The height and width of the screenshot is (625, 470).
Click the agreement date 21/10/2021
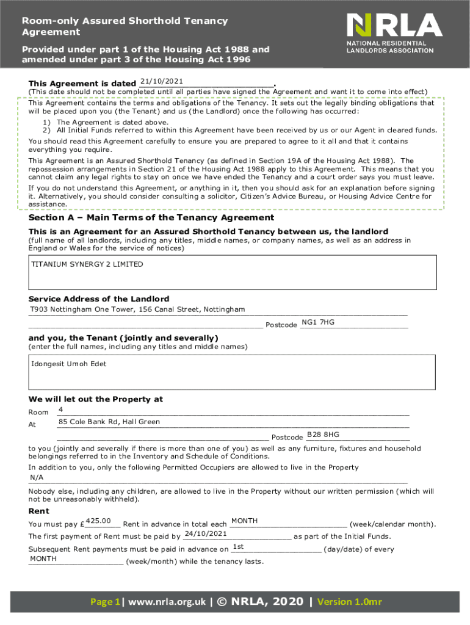(x=162, y=82)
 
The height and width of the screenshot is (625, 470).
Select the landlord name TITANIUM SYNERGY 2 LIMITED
(x=87, y=264)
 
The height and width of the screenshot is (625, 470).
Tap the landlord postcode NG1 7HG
(x=318, y=322)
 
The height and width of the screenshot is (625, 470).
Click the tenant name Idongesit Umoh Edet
(x=68, y=364)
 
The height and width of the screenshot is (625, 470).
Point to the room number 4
(x=60, y=409)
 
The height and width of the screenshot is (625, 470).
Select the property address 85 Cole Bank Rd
(x=109, y=422)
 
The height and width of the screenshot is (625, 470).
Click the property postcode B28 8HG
(x=323, y=435)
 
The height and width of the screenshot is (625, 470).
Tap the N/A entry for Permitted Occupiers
(x=37, y=477)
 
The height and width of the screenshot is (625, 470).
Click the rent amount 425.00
(x=98, y=521)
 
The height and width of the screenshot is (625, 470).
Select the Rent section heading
(x=39, y=511)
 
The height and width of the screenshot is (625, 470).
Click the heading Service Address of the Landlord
(x=99, y=298)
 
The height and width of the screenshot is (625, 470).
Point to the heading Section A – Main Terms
(x=151, y=218)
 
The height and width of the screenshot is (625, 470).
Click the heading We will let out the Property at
(x=96, y=399)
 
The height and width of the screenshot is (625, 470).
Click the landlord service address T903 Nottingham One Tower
(x=137, y=309)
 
